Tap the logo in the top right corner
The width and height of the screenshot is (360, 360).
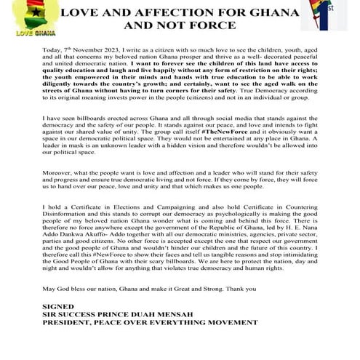(x=333, y=17)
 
